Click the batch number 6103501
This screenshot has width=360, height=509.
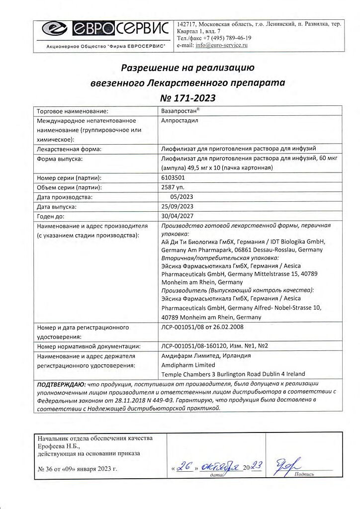(173, 177)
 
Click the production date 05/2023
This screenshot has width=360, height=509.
(180, 197)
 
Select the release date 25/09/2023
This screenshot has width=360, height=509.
(177, 206)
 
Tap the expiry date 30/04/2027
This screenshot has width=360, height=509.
(177, 216)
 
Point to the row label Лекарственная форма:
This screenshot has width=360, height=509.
(69, 149)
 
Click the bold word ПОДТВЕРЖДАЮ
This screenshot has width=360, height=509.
(61, 384)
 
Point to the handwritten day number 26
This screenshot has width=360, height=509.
(185, 467)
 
